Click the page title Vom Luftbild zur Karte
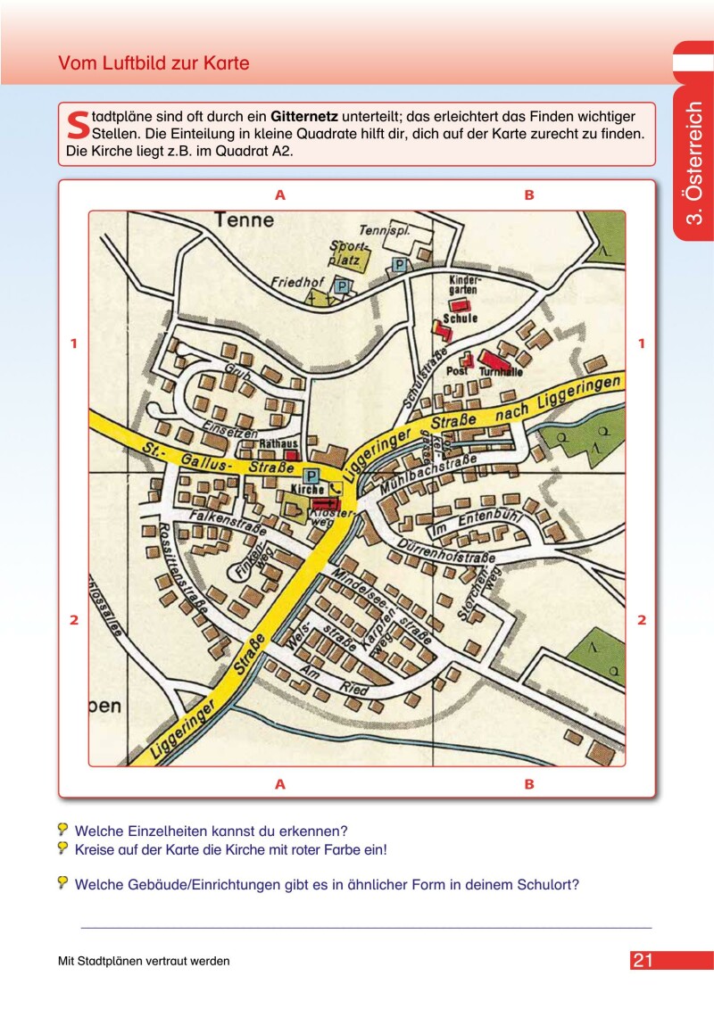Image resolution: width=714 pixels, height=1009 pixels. pos(154,63)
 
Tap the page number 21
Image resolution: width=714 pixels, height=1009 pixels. pos(643,961)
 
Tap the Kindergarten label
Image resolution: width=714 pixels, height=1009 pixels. pos(464,285)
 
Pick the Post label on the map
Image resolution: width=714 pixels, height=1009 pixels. pos(457,368)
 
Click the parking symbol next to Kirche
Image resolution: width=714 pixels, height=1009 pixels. pos(311,476)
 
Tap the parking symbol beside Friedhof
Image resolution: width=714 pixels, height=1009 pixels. pos(341,285)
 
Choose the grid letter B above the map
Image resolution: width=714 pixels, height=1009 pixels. pos(528,194)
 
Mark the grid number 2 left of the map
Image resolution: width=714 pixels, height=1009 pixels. pos(75,620)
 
